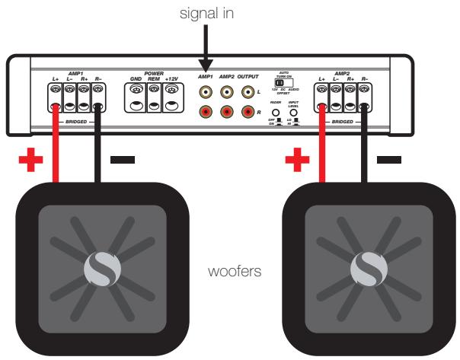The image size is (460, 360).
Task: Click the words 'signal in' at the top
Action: pyautogui.click(x=207, y=12)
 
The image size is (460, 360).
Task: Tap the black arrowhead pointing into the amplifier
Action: pyautogui.click(x=207, y=69)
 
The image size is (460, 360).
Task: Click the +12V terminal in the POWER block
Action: pyautogui.click(x=171, y=91)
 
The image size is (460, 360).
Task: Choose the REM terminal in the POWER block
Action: pyautogui.click(x=155, y=91)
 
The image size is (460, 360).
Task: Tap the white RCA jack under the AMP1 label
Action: pyautogui.click(x=207, y=92)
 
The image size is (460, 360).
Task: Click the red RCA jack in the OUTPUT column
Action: pyautogui.click(x=248, y=113)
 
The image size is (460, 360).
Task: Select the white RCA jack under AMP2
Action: pyautogui.click(x=228, y=92)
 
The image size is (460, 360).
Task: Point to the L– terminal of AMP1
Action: pyautogui.click(x=71, y=91)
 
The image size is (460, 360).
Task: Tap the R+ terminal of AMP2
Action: pyautogui.click(x=350, y=91)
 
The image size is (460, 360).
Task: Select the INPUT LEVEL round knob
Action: pyautogui.click(x=293, y=112)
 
